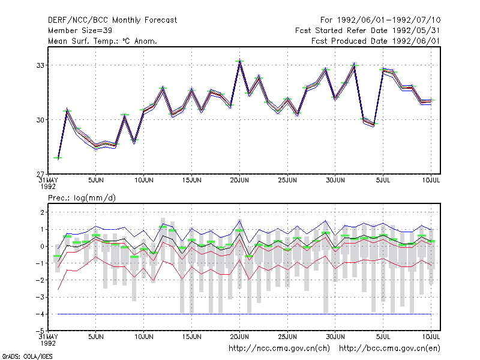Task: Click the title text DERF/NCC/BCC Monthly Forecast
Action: pos(112,20)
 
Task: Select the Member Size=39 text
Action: pos(80,31)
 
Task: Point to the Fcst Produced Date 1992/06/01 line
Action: pos(376,41)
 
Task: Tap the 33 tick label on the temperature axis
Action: pos(40,65)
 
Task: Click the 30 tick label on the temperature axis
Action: pos(40,120)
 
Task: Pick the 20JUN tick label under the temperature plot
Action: pos(239,180)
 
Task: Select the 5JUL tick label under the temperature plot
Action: pos(383,180)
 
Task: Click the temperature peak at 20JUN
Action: pos(239,61)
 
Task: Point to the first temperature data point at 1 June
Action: pos(58,158)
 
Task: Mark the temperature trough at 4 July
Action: pos(373,124)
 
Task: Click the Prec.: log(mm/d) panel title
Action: pos(82,198)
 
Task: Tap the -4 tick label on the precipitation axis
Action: pos(40,314)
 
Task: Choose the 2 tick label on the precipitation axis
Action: pos(42,212)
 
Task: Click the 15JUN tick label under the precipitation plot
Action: pos(191,337)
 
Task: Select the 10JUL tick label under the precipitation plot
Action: pos(431,337)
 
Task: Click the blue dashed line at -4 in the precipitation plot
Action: pos(244,314)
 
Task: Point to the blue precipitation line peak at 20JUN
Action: pos(239,220)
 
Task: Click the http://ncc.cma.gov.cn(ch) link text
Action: pos(279,349)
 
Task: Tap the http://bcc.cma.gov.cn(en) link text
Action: pos(389,349)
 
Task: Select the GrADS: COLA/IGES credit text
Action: pos(27,356)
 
